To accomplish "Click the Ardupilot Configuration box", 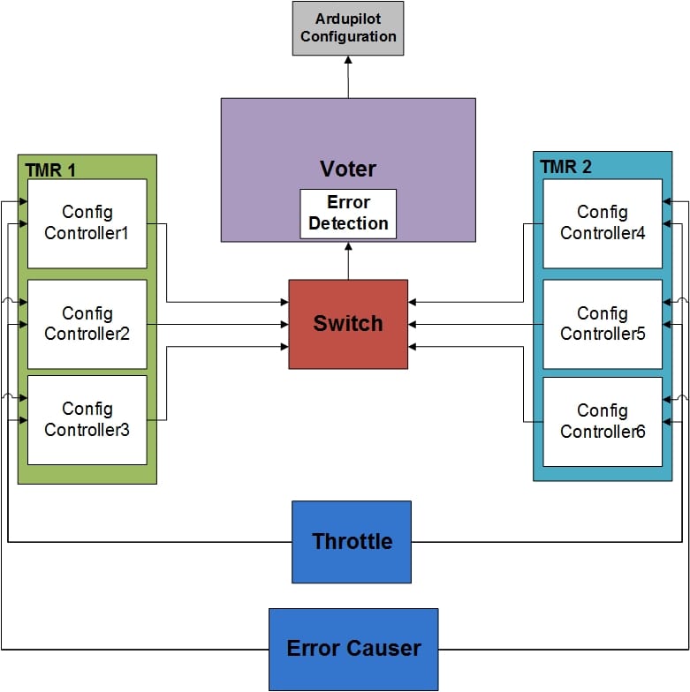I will [347, 28].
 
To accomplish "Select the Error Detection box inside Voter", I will [347, 214].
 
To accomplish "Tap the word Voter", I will [347, 169].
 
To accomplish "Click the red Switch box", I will [348, 324].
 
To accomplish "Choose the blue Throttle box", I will [352, 542].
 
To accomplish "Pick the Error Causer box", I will [353, 649].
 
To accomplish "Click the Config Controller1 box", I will [87, 223].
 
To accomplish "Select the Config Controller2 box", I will [87, 324].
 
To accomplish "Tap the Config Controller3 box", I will [87, 420].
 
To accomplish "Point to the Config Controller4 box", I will [603, 223].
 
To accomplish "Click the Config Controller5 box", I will [603, 324].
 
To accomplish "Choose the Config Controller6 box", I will [603, 422].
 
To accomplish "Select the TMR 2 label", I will [566, 168].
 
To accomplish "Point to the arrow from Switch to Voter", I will [348, 260].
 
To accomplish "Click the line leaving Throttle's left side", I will [150, 541].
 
